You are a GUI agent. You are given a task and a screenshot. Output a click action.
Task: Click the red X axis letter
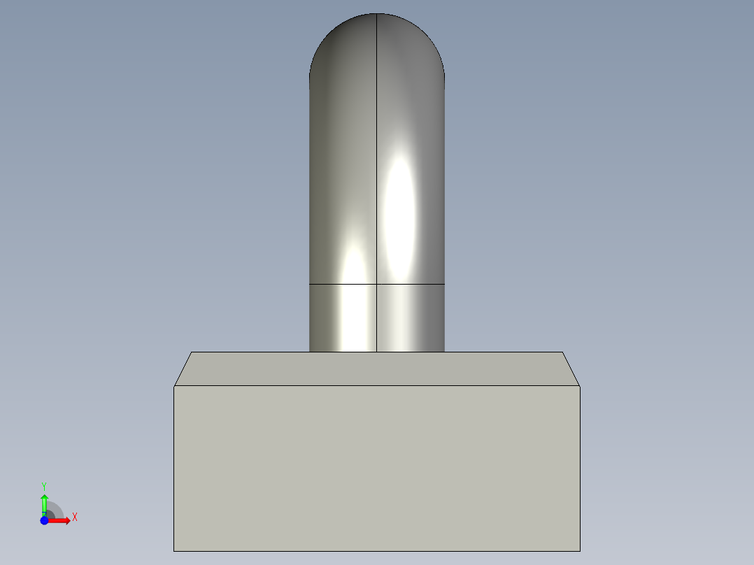(x=74, y=517)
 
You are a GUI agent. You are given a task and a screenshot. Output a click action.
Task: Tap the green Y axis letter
(x=44, y=485)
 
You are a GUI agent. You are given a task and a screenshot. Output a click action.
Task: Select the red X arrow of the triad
(x=62, y=520)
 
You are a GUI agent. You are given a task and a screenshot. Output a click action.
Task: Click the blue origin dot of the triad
(x=44, y=520)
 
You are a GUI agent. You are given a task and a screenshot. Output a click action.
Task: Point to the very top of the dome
(x=377, y=14)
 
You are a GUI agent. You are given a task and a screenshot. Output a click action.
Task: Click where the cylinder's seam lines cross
(x=377, y=284)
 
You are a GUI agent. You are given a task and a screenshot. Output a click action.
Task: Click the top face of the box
(x=377, y=369)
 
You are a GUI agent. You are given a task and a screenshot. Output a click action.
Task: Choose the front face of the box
(x=377, y=469)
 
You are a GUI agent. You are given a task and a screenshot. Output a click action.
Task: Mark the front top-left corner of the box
(x=174, y=385)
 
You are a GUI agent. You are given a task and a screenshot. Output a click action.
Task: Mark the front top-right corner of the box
(x=580, y=385)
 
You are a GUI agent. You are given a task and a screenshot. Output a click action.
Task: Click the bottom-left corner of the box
(x=174, y=550)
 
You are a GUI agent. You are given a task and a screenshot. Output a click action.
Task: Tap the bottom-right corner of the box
(x=580, y=550)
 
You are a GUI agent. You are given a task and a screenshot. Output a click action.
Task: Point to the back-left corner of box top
(x=192, y=352)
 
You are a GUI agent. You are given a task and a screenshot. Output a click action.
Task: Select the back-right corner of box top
(x=562, y=352)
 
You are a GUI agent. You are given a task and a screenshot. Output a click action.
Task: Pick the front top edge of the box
(x=377, y=385)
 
